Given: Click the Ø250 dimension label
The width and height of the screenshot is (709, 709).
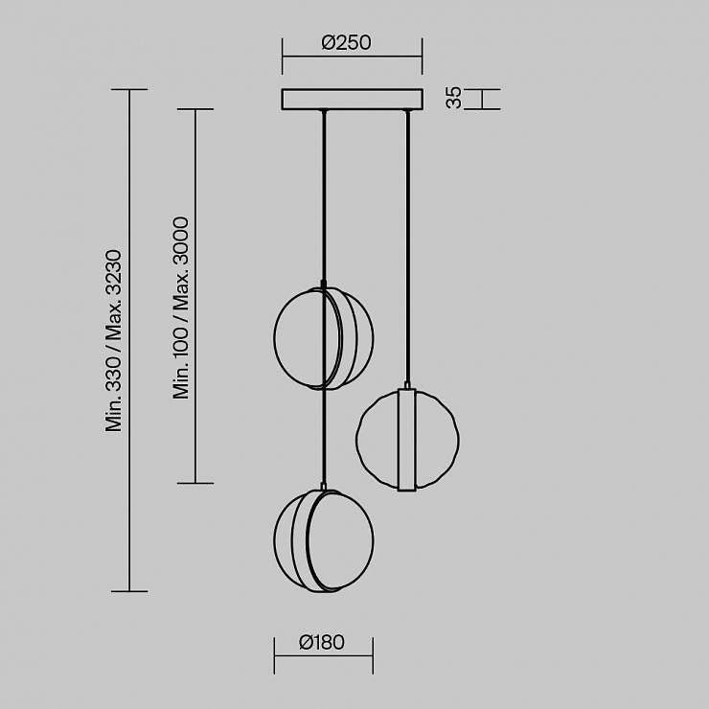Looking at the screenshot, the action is (347, 42).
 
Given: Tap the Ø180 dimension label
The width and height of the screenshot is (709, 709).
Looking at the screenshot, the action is (322, 642).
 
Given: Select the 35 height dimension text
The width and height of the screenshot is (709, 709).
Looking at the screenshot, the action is (453, 98).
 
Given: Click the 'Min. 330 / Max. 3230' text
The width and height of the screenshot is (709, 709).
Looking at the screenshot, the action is (113, 340).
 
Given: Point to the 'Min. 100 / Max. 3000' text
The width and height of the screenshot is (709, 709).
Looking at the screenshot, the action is (181, 308).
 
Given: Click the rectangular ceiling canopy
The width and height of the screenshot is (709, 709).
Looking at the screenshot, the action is (353, 99).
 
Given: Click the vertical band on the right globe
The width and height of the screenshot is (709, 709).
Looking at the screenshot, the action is (407, 439).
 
